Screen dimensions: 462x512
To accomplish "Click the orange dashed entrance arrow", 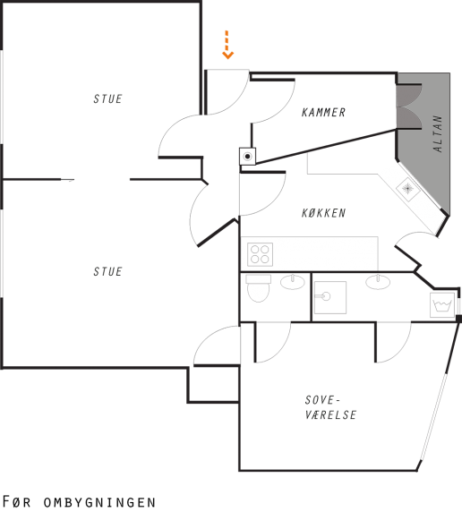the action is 227,45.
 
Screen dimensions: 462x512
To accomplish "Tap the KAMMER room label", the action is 323,112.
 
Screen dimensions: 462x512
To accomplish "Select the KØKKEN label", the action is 323,213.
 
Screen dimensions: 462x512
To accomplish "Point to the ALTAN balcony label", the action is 438,133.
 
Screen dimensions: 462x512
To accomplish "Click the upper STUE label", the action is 107,98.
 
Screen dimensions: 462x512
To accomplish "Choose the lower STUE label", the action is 107,271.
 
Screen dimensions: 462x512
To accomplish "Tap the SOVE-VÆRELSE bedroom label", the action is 330,407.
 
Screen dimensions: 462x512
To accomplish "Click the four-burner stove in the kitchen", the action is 260,254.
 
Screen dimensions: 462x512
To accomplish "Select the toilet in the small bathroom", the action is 259,288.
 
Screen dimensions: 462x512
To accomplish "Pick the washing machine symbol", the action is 442,305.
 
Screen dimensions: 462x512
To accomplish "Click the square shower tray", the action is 330,297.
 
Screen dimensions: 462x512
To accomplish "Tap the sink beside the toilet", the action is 293,282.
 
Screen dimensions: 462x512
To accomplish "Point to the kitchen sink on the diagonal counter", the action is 407,189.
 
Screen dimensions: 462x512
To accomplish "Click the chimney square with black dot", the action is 247,157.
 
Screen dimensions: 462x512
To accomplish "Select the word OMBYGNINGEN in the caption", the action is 99,502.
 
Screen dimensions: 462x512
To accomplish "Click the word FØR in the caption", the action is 16,501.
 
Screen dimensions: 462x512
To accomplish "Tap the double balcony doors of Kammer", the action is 409,107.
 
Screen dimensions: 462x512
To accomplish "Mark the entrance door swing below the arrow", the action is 227,92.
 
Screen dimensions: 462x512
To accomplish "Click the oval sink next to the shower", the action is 378,282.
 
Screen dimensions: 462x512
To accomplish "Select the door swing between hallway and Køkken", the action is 262,194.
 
